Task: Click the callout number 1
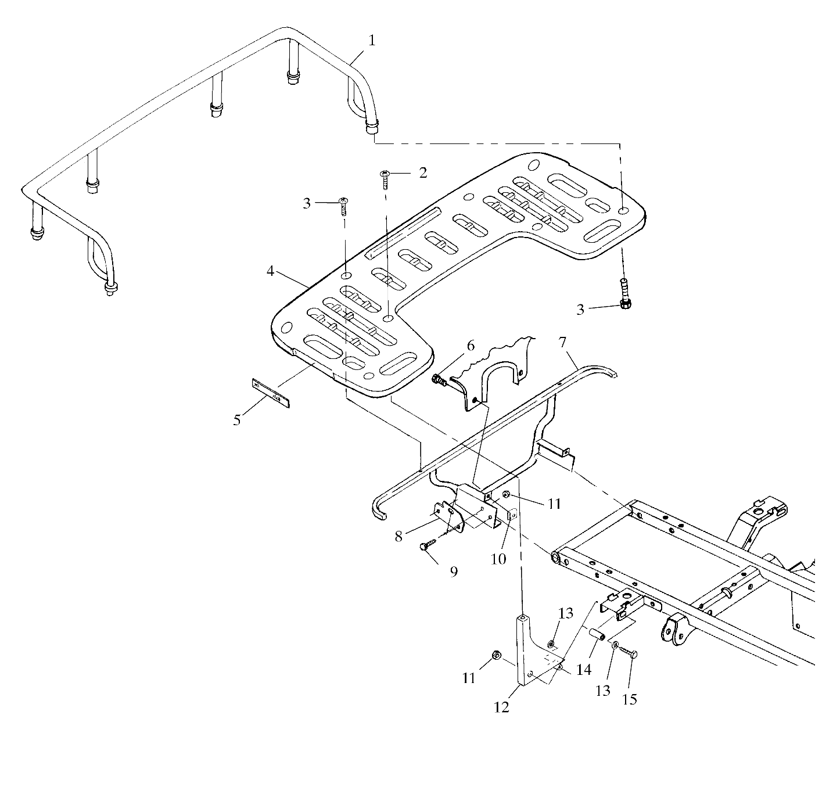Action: click(x=372, y=41)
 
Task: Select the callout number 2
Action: click(x=422, y=172)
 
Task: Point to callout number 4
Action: click(x=270, y=271)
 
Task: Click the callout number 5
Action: click(x=237, y=419)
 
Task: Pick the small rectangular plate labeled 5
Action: click(x=270, y=392)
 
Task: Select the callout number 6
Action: click(x=470, y=345)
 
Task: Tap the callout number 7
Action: click(x=562, y=342)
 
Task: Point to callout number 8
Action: click(x=398, y=536)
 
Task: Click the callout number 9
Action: click(x=454, y=572)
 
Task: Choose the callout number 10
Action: click(x=498, y=559)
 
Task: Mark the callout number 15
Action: click(x=630, y=699)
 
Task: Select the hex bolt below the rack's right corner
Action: click(x=625, y=294)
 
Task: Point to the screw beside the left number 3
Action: click(x=344, y=206)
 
